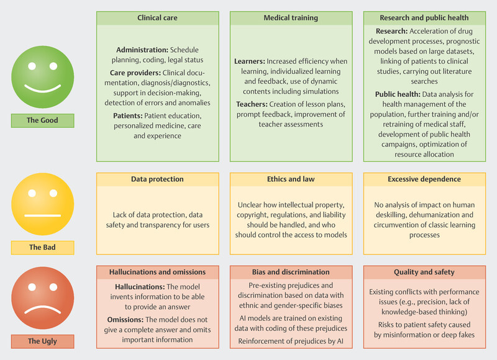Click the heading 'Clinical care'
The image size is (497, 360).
click(157, 18)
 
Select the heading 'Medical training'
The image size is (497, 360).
click(291, 18)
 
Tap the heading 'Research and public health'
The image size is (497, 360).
click(424, 18)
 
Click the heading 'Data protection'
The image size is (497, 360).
click(157, 179)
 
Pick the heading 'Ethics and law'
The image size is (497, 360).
click(291, 179)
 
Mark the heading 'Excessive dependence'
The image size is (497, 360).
click(424, 179)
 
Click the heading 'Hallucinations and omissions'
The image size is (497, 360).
click(157, 271)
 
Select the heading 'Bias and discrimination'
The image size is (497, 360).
click(291, 271)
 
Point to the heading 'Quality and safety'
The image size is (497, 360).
click(424, 271)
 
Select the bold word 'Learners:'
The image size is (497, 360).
click(249, 61)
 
